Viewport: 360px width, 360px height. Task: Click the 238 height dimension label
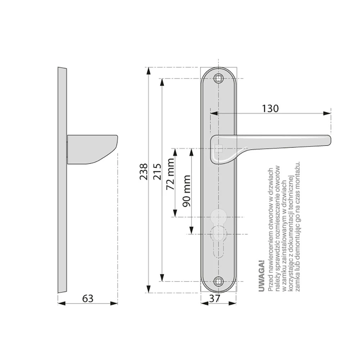click(144, 171)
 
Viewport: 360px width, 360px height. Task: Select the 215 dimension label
click(157, 171)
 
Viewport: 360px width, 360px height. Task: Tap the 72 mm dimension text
click(170, 174)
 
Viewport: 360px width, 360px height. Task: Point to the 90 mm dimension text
click(186, 191)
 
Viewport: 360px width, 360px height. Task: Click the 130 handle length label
click(270, 109)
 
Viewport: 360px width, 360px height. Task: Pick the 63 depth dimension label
click(88, 298)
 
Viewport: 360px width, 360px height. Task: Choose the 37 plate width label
click(215, 298)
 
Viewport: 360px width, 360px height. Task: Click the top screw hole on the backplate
click(219, 78)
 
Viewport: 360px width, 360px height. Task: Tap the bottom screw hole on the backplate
click(219, 281)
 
